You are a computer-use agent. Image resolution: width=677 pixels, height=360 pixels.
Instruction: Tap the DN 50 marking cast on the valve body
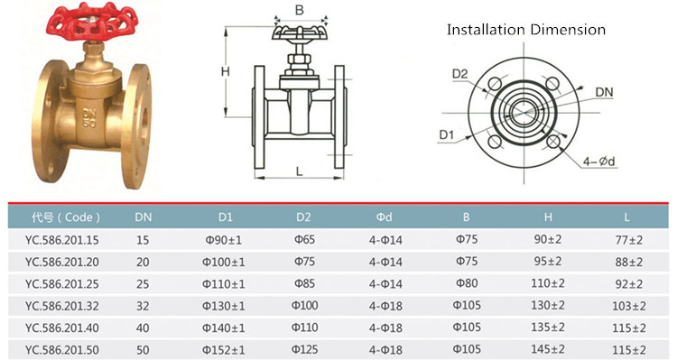(x=89, y=118)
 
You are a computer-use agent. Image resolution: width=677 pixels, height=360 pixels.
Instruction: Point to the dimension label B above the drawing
(x=300, y=10)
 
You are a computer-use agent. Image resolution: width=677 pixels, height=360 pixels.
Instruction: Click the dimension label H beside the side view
(x=226, y=71)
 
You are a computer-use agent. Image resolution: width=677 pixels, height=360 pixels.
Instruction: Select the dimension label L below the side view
(x=299, y=171)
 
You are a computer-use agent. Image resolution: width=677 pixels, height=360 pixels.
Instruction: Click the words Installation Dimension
(x=526, y=30)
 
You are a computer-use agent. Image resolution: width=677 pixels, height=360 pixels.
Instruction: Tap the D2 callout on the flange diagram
(x=459, y=74)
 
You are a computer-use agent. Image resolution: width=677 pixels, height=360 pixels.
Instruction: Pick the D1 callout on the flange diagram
(x=447, y=135)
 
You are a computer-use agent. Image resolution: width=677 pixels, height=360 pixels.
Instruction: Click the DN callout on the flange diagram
(x=604, y=92)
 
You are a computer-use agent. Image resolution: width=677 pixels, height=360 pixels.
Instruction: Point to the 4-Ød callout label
(x=598, y=162)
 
